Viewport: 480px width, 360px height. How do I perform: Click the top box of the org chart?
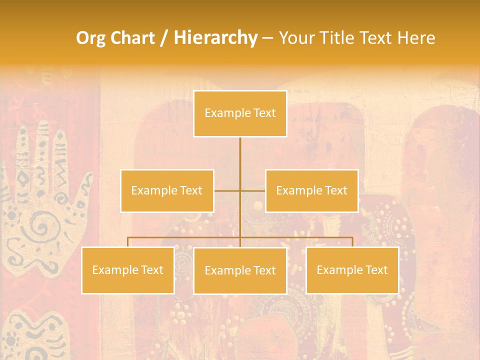click(240, 113)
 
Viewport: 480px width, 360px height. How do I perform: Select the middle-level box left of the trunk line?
click(167, 190)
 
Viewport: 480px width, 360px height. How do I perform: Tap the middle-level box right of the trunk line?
click(311, 190)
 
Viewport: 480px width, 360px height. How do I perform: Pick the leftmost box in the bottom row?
click(128, 270)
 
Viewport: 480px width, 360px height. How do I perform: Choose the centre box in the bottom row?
click(240, 270)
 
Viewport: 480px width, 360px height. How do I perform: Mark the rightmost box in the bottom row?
click(352, 270)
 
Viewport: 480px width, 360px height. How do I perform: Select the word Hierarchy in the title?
click(215, 38)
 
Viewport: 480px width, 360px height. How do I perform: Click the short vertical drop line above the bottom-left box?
click(128, 242)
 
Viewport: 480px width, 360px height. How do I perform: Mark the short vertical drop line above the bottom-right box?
click(352, 242)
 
